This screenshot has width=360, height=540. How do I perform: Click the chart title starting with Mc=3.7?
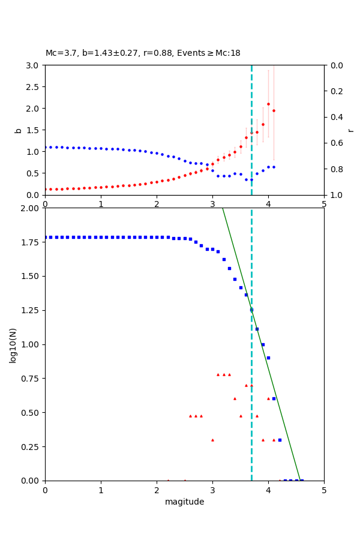tap(143, 53)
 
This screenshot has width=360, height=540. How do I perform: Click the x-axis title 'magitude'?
tap(184, 502)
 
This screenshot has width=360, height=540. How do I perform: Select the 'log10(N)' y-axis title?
tap(13, 344)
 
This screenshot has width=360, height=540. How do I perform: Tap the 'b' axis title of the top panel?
tap(18, 130)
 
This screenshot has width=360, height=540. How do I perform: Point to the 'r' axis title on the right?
tap(350, 130)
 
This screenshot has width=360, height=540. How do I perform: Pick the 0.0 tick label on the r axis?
tap(335, 65)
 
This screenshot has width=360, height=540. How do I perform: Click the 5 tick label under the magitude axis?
tap(324, 490)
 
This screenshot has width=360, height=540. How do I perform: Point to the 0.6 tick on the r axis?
tap(335, 143)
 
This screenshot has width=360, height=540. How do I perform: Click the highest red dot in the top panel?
tap(268, 104)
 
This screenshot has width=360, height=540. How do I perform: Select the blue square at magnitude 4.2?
tap(280, 440)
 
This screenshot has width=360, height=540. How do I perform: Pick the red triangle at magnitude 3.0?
tap(212, 440)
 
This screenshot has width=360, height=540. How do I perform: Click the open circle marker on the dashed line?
tap(251, 310)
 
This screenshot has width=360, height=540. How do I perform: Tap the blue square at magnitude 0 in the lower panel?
tap(46, 237)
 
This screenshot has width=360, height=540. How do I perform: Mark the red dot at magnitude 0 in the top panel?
tap(46, 189)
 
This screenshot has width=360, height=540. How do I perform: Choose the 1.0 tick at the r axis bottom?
tap(335, 195)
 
